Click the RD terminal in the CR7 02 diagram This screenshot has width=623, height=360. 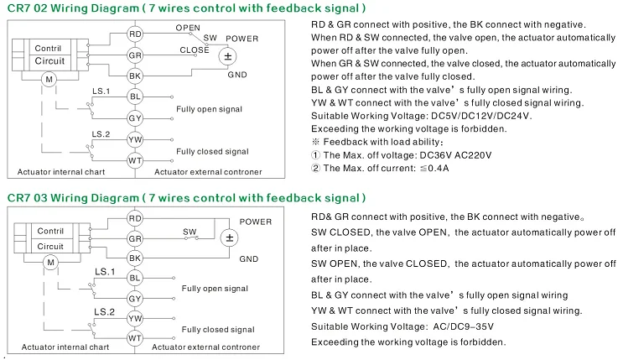tap(135, 34)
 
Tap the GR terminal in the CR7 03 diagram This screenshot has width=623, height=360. tap(135, 238)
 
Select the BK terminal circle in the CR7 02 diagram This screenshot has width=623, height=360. tap(135, 76)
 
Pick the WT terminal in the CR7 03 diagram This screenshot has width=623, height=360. tap(135, 338)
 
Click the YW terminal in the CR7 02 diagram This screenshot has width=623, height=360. tap(135, 139)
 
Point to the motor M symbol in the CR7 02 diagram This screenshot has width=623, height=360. tap(49, 79)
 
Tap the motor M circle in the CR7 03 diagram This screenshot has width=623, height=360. tap(51, 262)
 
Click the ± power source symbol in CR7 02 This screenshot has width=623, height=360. tap(228, 56)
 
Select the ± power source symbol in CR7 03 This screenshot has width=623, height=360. tap(229, 237)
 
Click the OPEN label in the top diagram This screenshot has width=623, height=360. tap(188, 28)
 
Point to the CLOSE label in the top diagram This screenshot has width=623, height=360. tap(195, 50)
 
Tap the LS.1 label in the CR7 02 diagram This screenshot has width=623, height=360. tap(101, 91)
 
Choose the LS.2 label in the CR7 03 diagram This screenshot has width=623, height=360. tap(104, 312)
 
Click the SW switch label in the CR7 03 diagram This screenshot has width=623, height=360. tap(189, 232)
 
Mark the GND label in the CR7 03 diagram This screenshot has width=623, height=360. tap(249, 259)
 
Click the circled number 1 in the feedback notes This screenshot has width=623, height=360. tap(315, 155)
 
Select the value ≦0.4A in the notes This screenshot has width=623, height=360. tap(434, 169)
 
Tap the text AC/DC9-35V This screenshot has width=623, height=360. tap(464, 326)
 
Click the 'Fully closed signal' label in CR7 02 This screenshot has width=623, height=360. tap(213, 152)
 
